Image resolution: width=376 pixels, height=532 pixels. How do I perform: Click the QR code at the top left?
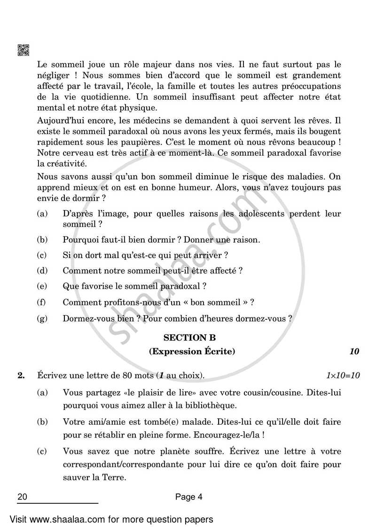click(x=23, y=50)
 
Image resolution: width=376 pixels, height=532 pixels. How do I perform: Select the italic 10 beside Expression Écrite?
click(x=354, y=351)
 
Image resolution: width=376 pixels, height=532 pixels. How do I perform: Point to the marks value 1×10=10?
click(x=343, y=375)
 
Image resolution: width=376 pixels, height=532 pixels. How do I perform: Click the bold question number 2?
click(x=21, y=375)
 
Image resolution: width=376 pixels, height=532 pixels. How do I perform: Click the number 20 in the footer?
click(x=22, y=496)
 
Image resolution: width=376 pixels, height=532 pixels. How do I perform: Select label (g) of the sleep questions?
click(x=42, y=318)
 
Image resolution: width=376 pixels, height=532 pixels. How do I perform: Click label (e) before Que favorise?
click(x=42, y=286)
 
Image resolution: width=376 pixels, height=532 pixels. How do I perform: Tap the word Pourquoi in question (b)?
click(x=79, y=240)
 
